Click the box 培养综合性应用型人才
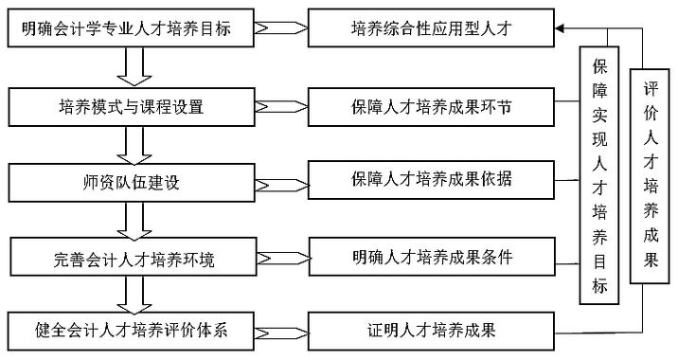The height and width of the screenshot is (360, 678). [431, 30]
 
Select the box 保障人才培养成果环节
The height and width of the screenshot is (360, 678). [431, 105]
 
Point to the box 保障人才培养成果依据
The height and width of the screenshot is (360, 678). [431, 179]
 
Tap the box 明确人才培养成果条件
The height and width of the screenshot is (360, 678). [431, 256]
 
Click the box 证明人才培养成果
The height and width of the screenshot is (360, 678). [431, 332]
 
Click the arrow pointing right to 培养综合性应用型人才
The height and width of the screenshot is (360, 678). [280, 30]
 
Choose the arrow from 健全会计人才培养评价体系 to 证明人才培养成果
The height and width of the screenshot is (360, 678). [280, 332]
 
